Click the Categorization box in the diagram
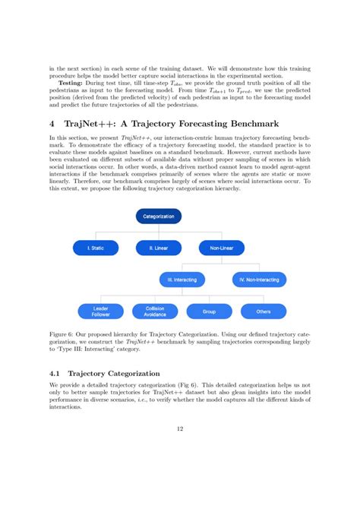(x=159, y=217)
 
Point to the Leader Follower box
(x=102, y=311)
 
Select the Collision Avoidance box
(x=154, y=311)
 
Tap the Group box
(x=209, y=311)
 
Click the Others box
(x=263, y=311)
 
